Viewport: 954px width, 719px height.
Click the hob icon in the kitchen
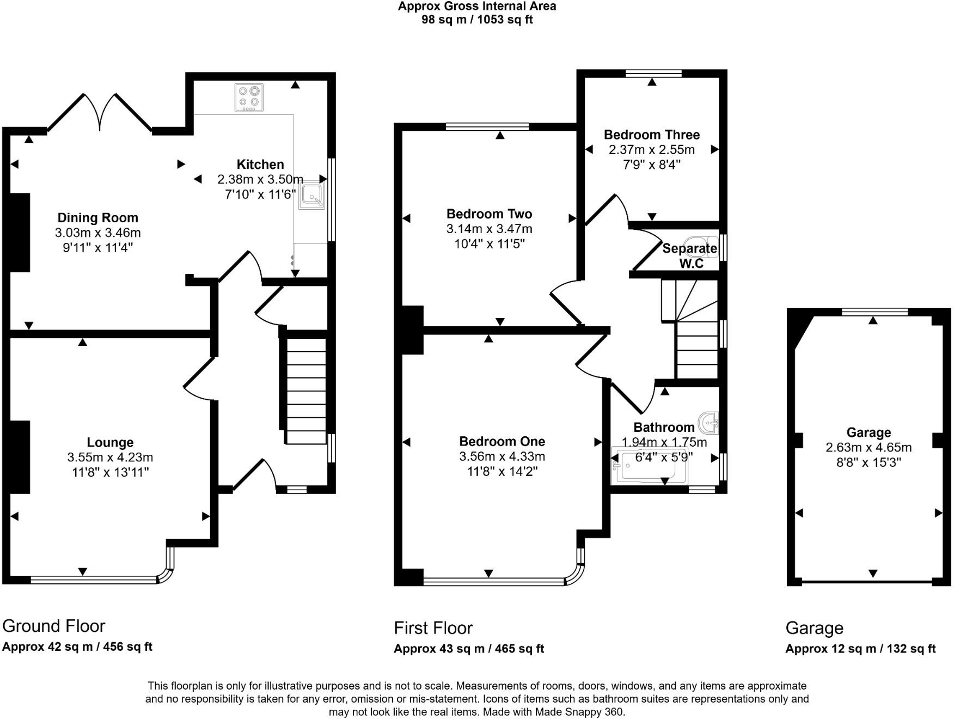249,98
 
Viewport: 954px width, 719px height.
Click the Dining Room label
98,218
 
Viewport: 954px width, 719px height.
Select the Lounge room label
110,442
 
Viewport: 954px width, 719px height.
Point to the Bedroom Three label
652,135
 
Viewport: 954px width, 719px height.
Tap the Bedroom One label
502,441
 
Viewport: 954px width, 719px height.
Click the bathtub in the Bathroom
649,466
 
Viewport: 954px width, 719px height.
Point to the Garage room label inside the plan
869,432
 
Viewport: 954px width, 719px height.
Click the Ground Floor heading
54,626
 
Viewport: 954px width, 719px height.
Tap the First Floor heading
433,628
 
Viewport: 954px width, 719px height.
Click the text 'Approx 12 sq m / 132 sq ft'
860,649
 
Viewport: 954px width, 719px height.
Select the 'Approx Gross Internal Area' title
477,7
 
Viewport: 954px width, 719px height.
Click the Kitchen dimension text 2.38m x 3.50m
260,179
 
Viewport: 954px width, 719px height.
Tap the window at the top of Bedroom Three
653,73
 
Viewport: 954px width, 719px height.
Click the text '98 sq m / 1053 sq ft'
477,20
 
